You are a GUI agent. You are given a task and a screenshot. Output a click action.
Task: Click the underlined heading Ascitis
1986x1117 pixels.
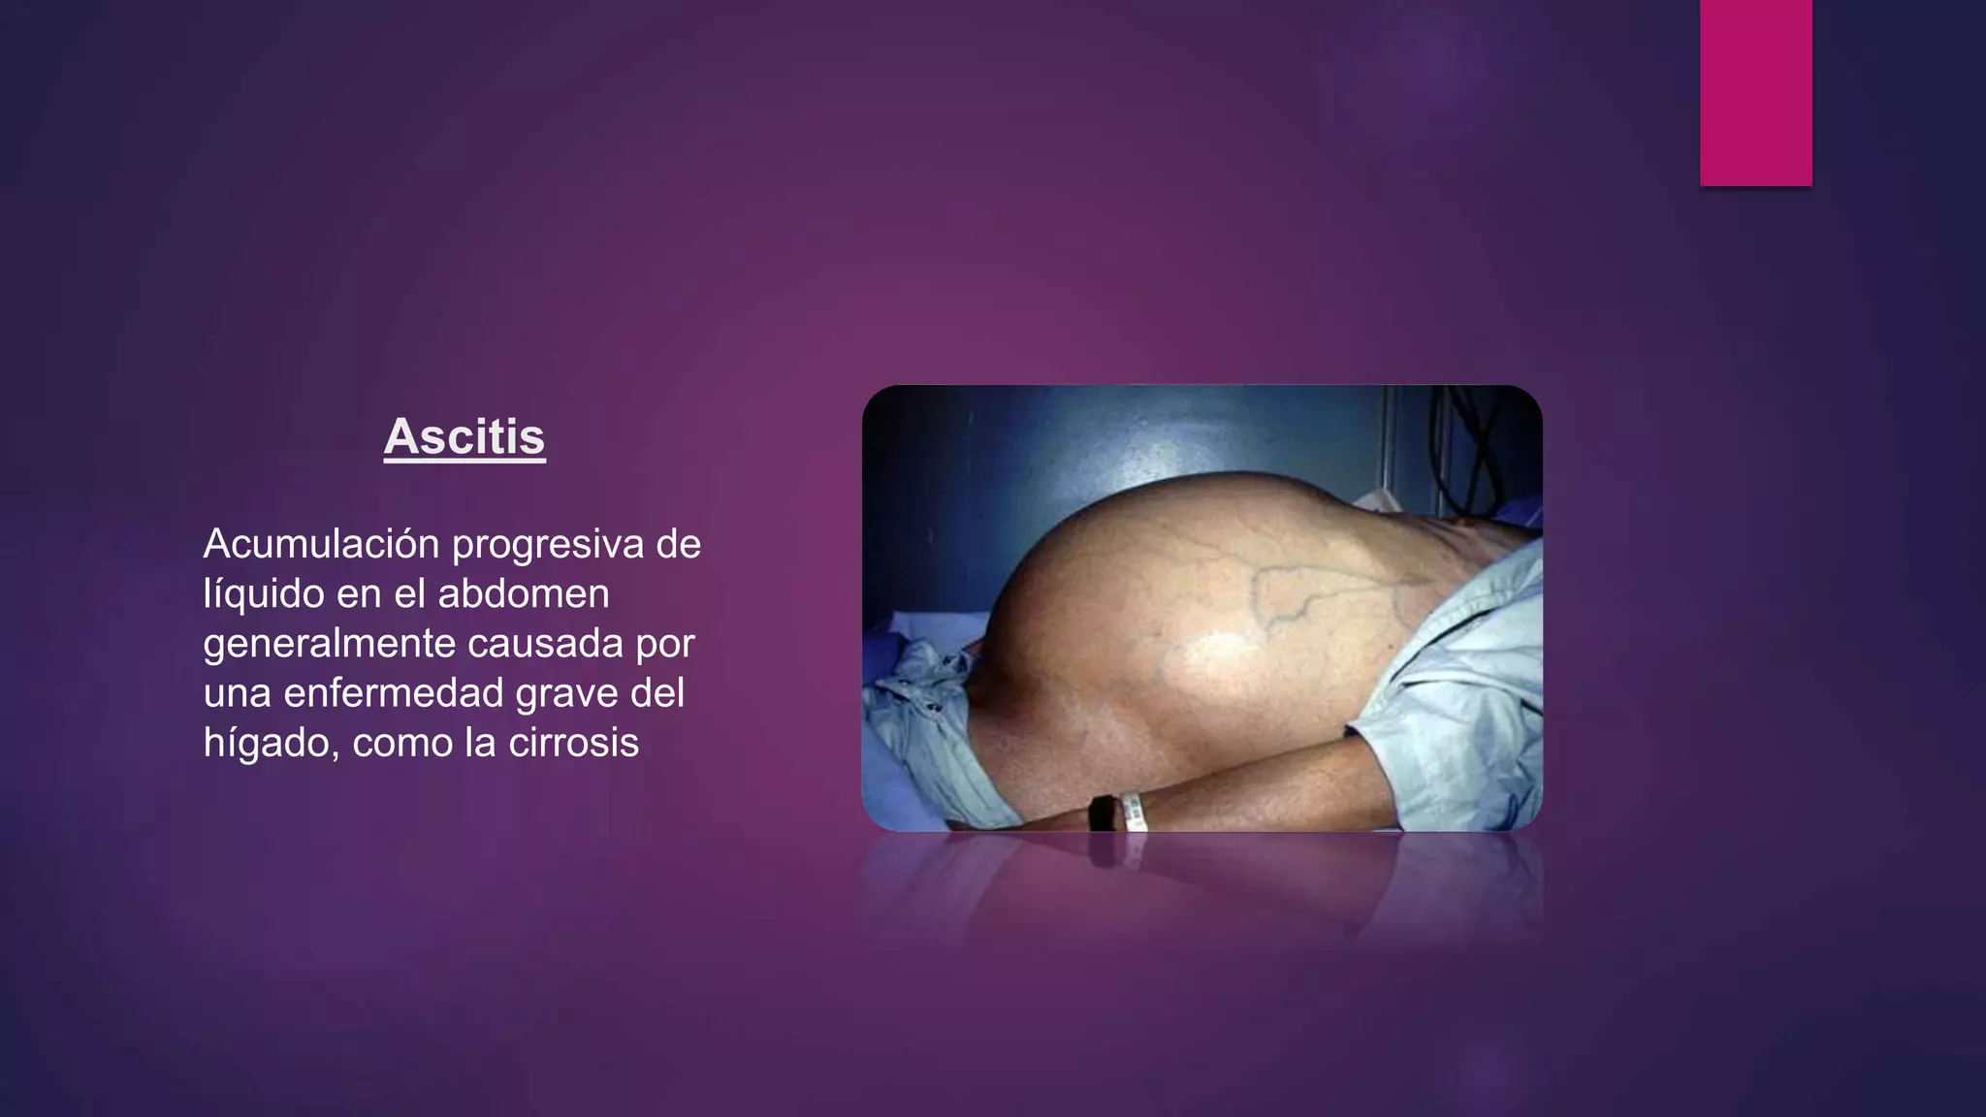pyautogui.click(x=464, y=437)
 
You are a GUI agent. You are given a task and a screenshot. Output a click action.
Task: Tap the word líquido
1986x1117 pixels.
pyautogui.click(x=263, y=594)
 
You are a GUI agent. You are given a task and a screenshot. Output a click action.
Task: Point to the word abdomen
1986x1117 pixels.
pyautogui.click(x=523, y=594)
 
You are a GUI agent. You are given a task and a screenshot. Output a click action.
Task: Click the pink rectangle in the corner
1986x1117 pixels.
pyautogui.click(x=1755, y=92)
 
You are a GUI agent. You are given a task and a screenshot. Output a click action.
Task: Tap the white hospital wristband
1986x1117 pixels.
pyautogui.click(x=1134, y=811)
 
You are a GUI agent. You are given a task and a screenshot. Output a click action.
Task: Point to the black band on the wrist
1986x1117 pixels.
pyautogui.click(x=1102, y=813)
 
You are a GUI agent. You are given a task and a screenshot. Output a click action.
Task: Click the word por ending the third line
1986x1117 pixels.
pyautogui.click(x=665, y=644)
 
